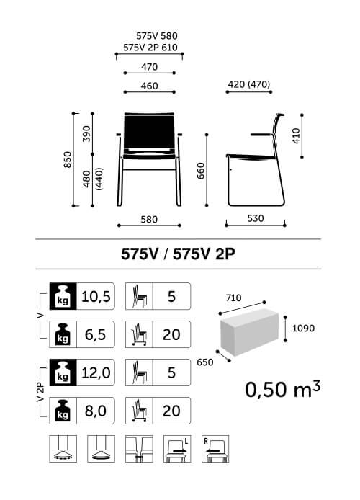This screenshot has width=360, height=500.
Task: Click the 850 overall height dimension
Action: tap(68, 159)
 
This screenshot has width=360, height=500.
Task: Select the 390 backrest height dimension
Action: tap(86, 134)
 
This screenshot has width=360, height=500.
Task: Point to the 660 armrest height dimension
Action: tap(201, 171)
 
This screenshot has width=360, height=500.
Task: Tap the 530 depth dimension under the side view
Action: tap(256, 218)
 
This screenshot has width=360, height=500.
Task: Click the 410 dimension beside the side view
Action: tap(297, 136)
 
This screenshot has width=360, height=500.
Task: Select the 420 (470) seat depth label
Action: tap(249, 84)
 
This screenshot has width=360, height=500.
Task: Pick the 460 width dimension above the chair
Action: tap(150, 86)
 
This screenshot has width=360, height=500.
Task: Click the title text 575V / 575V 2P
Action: tap(178, 254)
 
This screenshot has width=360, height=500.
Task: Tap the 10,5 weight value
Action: tap(96, 296)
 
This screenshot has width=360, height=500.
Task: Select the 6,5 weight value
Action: tap(96, 334)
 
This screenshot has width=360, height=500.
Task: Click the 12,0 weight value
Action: tap(96, 372)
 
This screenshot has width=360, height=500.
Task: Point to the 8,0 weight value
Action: tap(96, 411)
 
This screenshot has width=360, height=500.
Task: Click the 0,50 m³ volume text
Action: tap(282, 389)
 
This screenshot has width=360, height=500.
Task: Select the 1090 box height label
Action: tap(303, 328)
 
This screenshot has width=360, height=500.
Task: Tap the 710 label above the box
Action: tap(233, 298)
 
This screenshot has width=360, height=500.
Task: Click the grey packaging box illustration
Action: tap(249, 332)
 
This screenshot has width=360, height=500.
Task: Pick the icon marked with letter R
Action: tap(215, 449)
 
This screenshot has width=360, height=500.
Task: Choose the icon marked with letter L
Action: tap(177, 449)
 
